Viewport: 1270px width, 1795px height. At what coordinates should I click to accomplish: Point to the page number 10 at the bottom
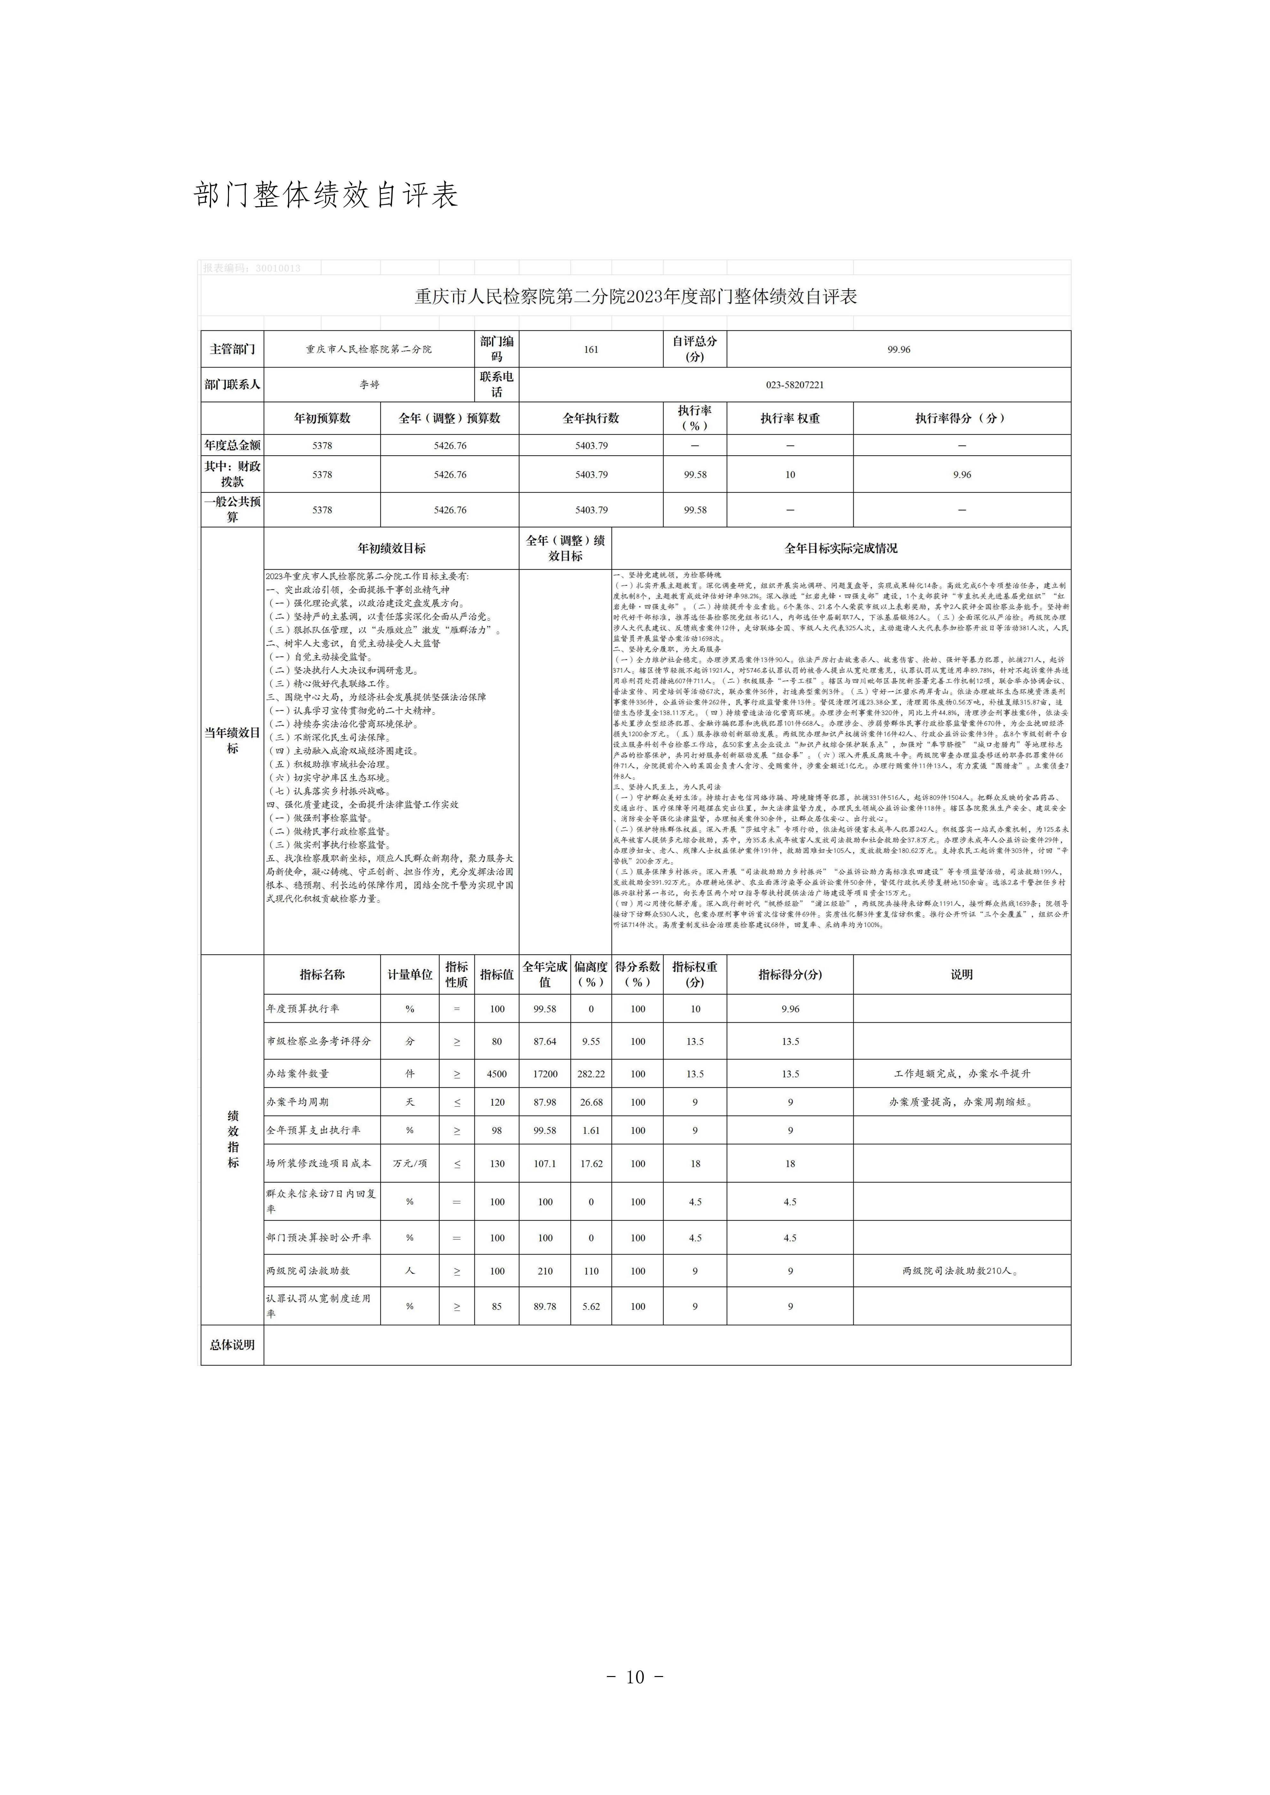(635, 1677)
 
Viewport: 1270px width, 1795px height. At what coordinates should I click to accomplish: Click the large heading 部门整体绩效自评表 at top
(325, 195)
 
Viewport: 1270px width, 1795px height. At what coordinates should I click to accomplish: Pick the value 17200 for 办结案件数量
(545, 1074)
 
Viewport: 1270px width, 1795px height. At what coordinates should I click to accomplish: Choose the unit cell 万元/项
(410, 1164)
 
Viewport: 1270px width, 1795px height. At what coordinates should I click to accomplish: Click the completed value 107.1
(545, 1164)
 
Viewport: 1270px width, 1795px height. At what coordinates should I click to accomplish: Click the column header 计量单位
(410, 974)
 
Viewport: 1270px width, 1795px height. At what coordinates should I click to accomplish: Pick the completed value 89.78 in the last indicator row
(545, 1306)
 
